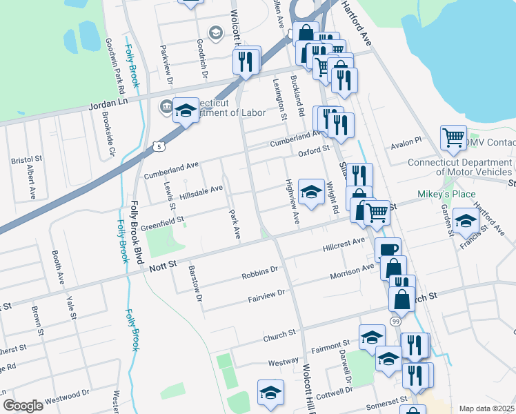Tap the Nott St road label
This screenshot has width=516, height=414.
pyautogui.click(x=163, y=264)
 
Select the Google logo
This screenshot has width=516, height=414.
pyautogui.click(x=23, y=406)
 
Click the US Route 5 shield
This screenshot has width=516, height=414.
pyautogui.click(x=160, y=147)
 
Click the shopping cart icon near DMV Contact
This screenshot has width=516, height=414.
pyautogui.click(x=453, y=137)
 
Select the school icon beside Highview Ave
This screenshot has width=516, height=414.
pyautogui.click(x=311, y=192)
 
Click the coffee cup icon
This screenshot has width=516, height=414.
pyautogui.click(x=388, y=249)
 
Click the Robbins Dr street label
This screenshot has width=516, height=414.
pyautogui.click(x=259, y=275)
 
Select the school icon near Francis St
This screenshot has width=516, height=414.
pyautogui.click(x=466, y=221)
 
